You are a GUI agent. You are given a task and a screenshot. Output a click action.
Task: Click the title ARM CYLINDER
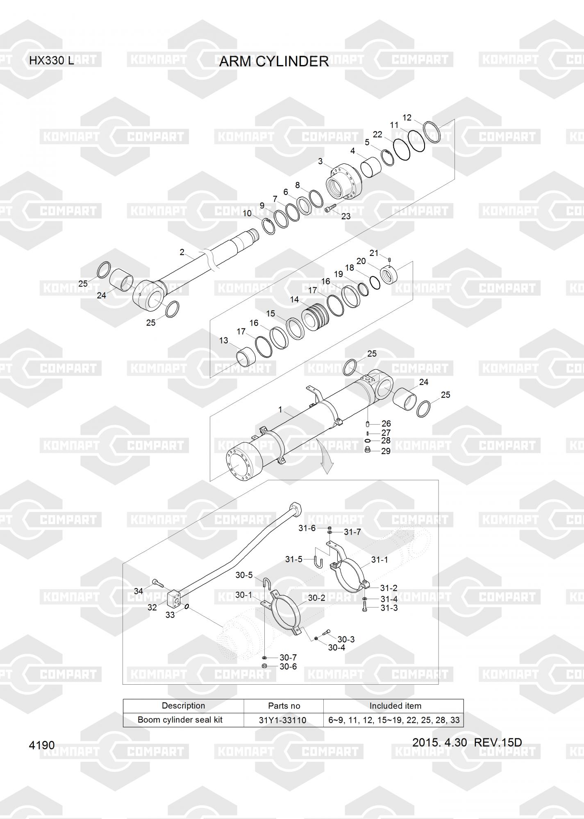point(274,61)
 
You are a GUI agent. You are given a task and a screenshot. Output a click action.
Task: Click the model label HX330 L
point(51,61)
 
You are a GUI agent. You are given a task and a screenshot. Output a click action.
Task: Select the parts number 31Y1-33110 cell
point(282,720)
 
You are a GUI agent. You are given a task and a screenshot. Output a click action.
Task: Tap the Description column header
point(183,706)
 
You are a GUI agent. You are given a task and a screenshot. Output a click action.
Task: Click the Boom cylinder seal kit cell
point(180,719)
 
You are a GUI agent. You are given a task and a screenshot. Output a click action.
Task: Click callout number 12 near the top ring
point(407,118)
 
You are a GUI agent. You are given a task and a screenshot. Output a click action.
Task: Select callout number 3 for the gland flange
point(320,161)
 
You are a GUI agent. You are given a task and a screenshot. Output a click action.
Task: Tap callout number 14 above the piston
point(294,300)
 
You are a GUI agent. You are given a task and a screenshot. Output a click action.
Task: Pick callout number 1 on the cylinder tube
point(280,409)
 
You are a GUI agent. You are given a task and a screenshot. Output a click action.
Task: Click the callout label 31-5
point(294,559)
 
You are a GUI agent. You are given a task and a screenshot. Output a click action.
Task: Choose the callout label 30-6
point(288,667)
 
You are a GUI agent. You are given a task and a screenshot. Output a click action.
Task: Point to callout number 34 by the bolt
point(139,591)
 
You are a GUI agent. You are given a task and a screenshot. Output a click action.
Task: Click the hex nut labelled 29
point(368,450)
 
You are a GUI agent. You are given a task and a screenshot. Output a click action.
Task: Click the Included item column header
point(395,706)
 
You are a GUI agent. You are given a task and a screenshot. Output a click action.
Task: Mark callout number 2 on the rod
point(182,252)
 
